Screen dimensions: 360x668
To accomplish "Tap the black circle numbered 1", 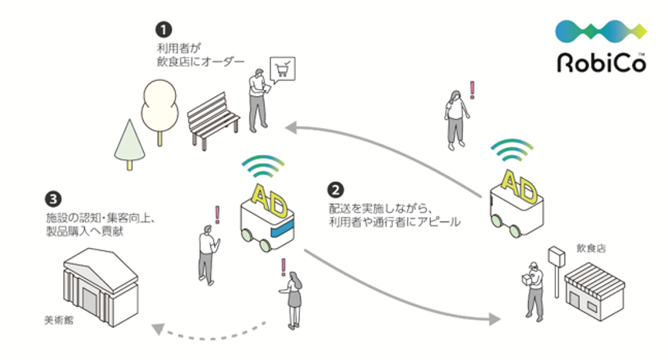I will pyautogui.click(x=162, y=30).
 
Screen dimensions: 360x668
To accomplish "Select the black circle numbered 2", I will pyautogui.click(x=336, y=190).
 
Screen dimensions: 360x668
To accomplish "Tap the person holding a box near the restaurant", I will pyautogui.click(x=532, y=286).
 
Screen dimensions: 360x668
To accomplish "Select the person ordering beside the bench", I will pyautogui.click(x=257, y=99).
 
